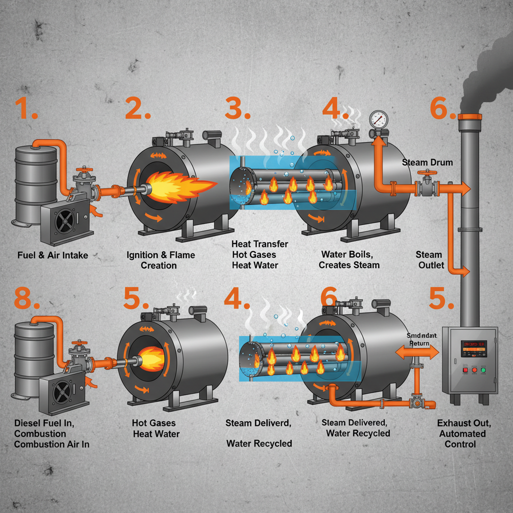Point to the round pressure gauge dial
[378, 119]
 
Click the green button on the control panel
[483, 370]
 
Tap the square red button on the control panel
[465, 370]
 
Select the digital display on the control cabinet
[474, 349]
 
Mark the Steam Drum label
[427, 162]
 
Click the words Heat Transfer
[260, 244]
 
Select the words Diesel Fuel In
[44, 423]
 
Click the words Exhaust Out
[464, 423]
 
